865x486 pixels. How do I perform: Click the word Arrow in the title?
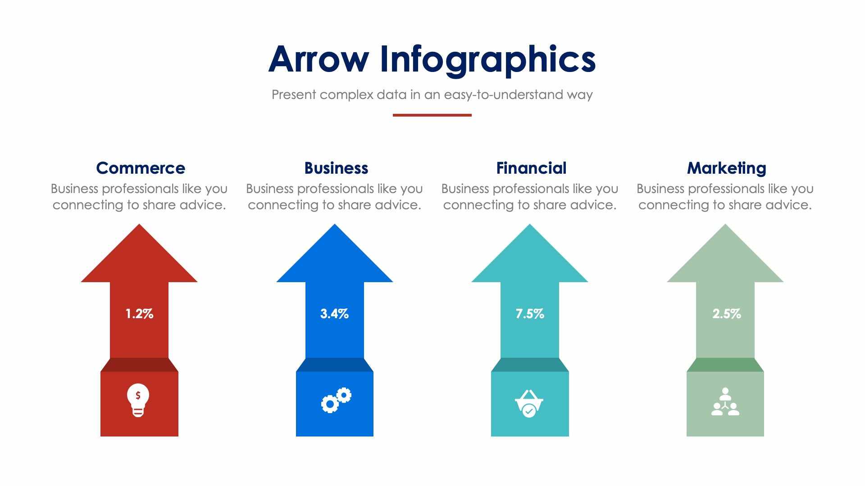(x=318, y=59)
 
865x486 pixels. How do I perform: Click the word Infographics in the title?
(x=487, y=59)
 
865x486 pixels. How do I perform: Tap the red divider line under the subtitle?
(x=432, y=115)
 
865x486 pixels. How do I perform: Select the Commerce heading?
(x=141, y=168)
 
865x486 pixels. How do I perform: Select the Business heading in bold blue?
(x=336, y=168)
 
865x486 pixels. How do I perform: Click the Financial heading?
(x=531, y=168)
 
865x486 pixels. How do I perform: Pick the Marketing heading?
(x=726, y=168)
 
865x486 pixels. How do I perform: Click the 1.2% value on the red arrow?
(x=139, y=314)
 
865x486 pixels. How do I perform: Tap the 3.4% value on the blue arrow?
(x=334, y=314)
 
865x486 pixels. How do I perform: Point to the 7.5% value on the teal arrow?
(x=530, y=314)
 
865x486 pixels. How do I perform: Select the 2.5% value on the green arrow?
(x=726, y=314)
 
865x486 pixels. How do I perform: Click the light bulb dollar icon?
(x=138, y=400)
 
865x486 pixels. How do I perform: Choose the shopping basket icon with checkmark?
(x=529, y=403)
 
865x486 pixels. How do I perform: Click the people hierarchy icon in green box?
(x=725, y=402)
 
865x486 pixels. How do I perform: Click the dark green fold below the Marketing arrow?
(x=725, y=365)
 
